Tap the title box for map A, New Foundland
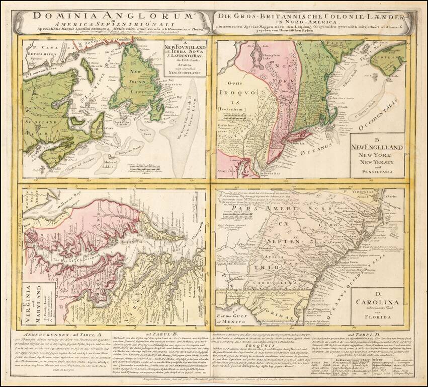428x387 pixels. click(184, 59)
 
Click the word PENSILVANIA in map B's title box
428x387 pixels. click(377, 172)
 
